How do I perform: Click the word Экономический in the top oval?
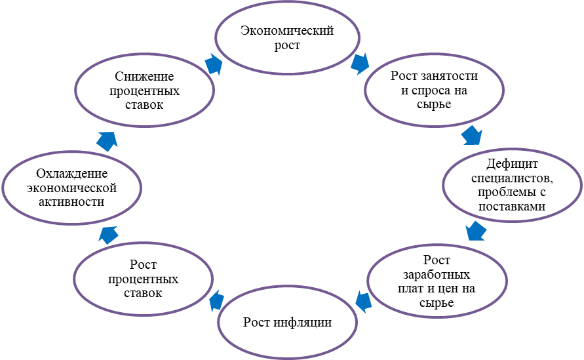point(287,30)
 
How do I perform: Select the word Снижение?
point(144,76)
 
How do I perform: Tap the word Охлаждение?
point(72,174)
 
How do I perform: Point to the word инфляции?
point(302,322)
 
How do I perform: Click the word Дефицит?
point(512,163)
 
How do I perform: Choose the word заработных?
point(437,275)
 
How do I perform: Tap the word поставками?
point(512,206)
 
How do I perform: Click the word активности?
point(72,202)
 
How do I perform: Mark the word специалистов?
point(512,178)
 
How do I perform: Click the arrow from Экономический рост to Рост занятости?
point(359,64)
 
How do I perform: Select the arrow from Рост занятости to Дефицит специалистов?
point(472,135)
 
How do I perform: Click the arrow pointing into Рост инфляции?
point(364,301)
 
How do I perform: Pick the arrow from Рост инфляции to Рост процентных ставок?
point(217,301)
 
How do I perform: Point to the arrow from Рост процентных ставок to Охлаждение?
point(108,235)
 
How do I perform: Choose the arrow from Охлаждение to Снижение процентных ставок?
point(107,141)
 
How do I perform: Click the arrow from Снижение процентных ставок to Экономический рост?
point(214,64)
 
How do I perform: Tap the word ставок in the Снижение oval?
point(144,105)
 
